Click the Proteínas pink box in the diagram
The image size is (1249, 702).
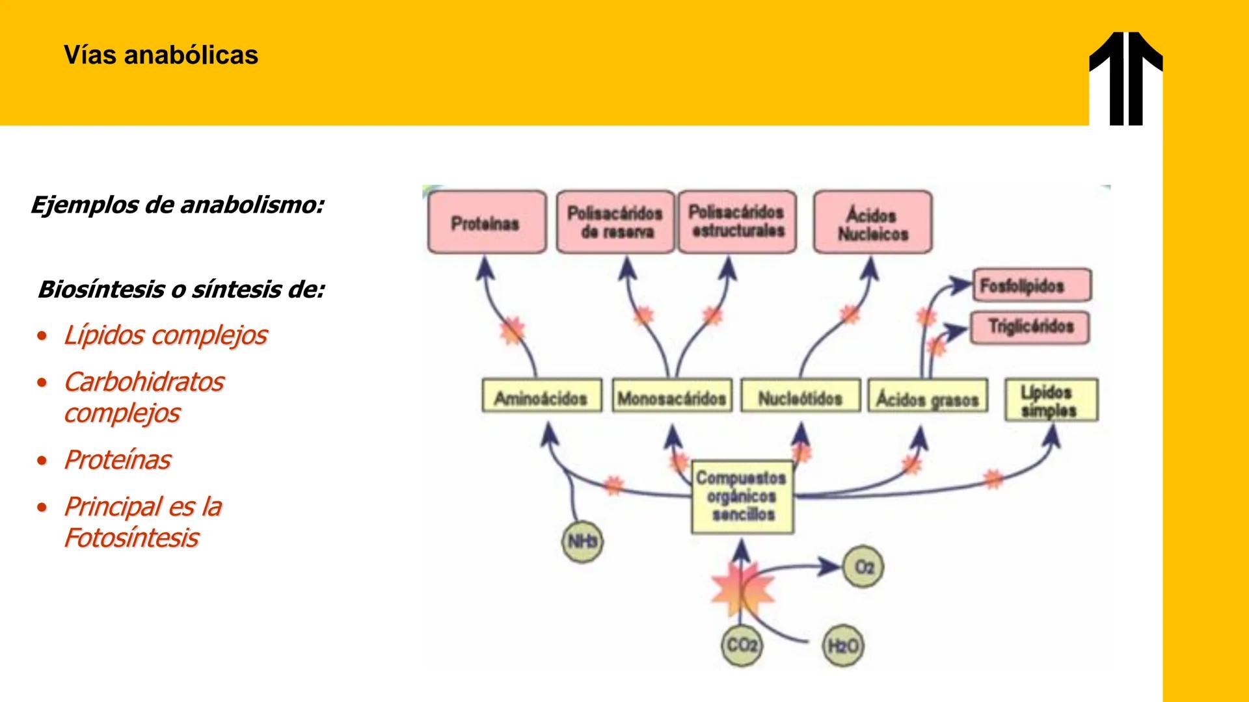(487, 222)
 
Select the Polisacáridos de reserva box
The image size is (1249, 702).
(615, 222)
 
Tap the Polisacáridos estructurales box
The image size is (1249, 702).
(737, 222)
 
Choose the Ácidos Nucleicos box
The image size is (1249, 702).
(872, 223)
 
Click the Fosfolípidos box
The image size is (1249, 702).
(1032, 286)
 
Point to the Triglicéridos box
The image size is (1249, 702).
(1029, 327)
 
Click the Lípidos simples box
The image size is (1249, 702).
(1051, 400)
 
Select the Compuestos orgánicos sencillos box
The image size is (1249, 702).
(742, 497)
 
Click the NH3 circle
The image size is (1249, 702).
(582, 541)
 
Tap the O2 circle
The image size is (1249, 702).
(863, 567)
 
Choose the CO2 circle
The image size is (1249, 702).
(742, 645)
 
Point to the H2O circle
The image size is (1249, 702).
(842, 646)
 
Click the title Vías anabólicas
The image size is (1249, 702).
(161, 55)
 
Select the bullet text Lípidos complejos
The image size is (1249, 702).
(165, 335)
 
